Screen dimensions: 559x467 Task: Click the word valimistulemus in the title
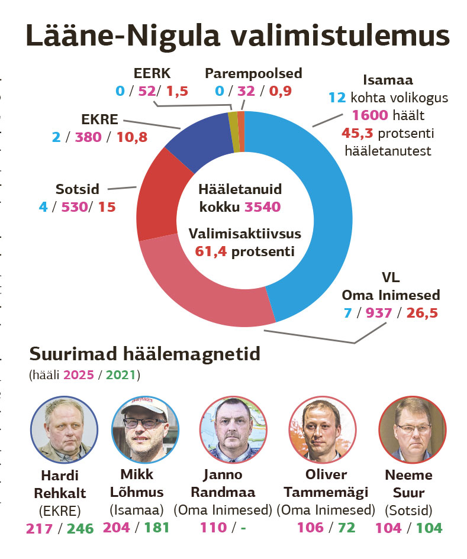coord(340,37)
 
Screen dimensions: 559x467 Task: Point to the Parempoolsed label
coord(253,73)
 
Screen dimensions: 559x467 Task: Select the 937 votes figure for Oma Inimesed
coord(379,312)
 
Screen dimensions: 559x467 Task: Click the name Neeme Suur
coord(408,483)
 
